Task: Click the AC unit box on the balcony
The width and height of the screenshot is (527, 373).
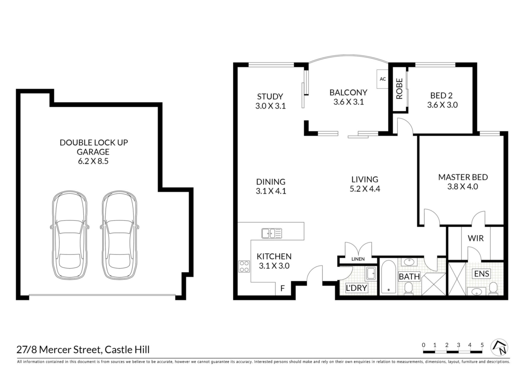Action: click(x=382, y=79)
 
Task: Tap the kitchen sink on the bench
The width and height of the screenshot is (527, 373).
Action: click(x=272, y=233)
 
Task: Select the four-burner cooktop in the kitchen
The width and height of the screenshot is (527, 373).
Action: click(x=244, y=266)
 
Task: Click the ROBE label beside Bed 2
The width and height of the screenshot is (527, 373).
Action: click(x=399, y=89)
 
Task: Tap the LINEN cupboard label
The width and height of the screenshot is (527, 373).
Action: click(x=358, y=259)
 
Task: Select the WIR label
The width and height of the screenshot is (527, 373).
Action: click(x=476, y=238)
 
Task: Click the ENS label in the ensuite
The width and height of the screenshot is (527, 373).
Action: click(x=482, y=273)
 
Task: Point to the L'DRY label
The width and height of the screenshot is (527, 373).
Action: click(x=356, y=288)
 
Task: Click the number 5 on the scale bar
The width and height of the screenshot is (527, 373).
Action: click(x=482, y=345)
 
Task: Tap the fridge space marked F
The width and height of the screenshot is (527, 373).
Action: click(x=282, y=288)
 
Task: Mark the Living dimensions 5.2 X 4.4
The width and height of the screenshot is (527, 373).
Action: click(x=365, y=189)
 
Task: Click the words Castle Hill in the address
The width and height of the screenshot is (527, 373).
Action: click(x=127, y=350)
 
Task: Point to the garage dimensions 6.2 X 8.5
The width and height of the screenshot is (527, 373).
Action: click(x=93, y=161)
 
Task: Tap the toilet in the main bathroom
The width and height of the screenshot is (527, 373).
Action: click(x=409, y=289)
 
